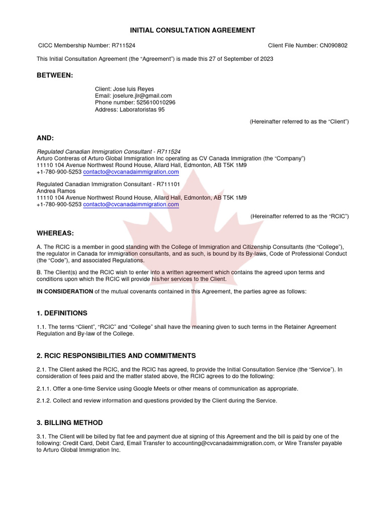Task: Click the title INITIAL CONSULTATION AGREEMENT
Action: point(193,30)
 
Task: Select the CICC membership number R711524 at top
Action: point(120,46)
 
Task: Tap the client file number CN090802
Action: point(333,46)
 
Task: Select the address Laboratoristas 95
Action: point(142,110)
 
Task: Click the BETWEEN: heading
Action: point(55,75)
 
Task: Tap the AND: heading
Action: point(45,138)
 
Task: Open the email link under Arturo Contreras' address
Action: point(131,172)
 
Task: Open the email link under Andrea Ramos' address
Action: point(131,205)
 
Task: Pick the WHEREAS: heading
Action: point(55,233)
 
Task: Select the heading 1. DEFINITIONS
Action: point(62,313)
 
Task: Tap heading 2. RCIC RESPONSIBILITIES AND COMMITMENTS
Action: point(116,356)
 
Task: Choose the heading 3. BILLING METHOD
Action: point(70,423)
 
